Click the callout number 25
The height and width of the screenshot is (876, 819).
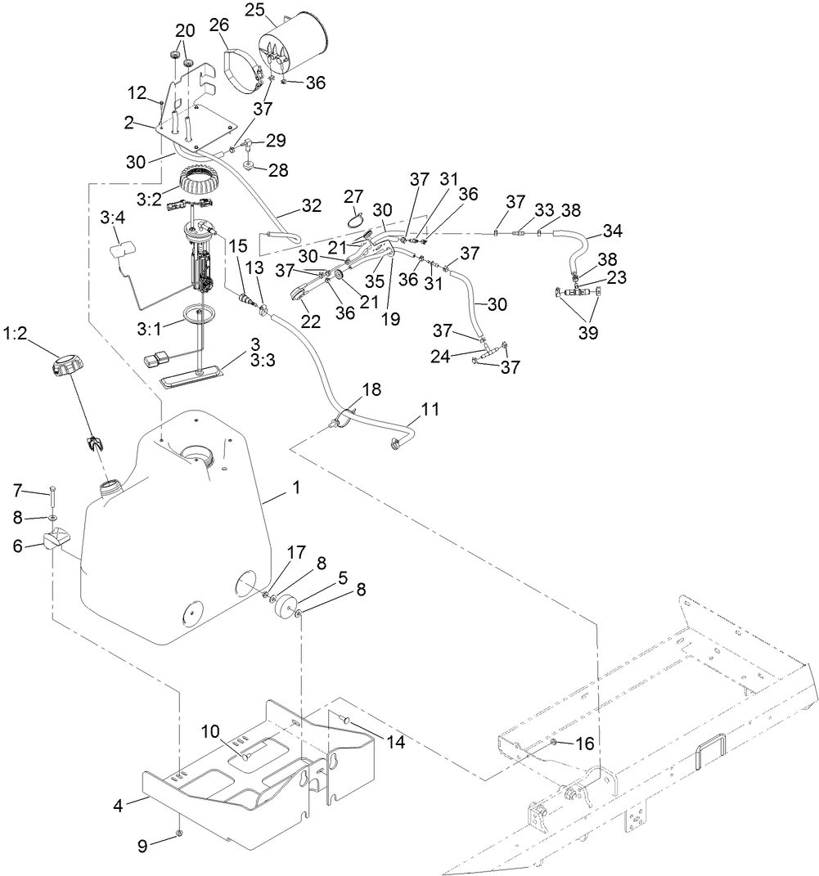[254, 10]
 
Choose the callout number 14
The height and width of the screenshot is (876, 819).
[396, 743]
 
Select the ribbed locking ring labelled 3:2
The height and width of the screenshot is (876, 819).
[198, 180]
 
